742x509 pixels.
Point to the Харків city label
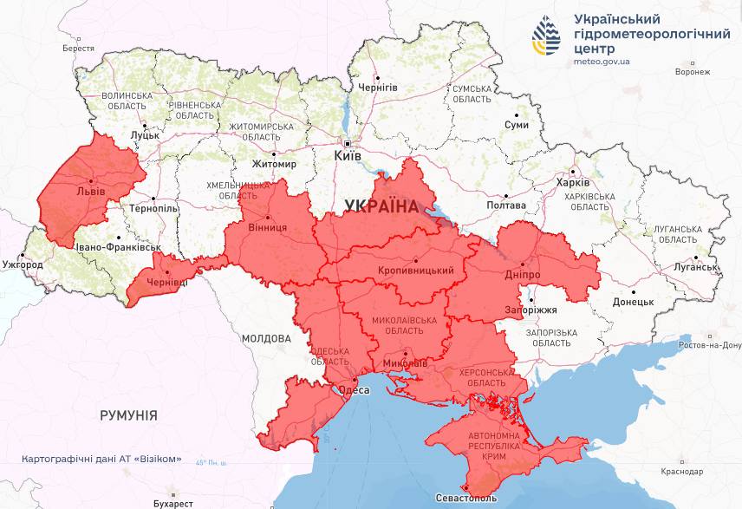[x=572, y=183]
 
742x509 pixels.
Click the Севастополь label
[x=467, y=499]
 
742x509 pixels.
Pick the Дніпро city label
[x=522, y=274]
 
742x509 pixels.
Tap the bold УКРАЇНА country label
[x=381, y=206]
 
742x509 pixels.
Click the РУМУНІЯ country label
[x=128, y=415]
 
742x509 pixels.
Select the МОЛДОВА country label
[x=266, y=338]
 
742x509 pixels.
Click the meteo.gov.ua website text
[x=602, y=62]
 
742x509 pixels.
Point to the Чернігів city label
[x=378, y=88]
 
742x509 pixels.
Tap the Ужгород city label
[x=23, y=264]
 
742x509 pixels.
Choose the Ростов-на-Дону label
[x=710, y=346]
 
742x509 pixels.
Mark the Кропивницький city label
[x=416, y=271]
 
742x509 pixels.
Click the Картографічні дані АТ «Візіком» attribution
[x=101, y=459]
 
